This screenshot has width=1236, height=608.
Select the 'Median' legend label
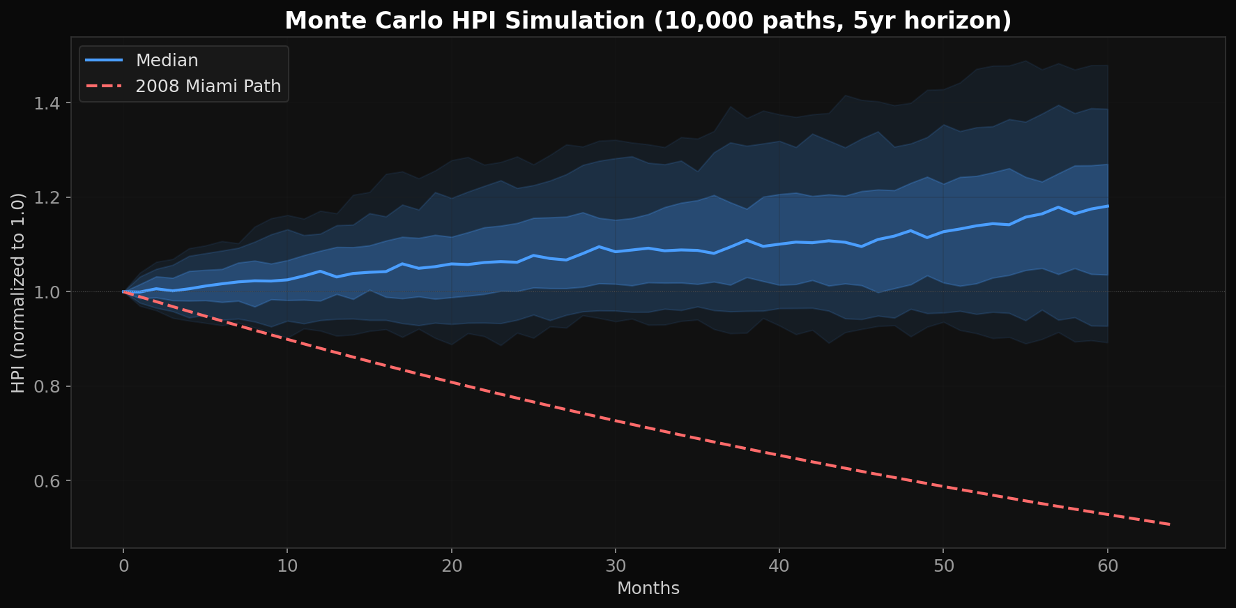[x=167, y=61]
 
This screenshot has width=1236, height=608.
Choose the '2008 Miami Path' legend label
[x=208, y=86]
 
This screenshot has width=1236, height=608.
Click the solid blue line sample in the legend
[x=105, y=61]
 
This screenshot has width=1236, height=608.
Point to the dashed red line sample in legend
[x=105, y=86]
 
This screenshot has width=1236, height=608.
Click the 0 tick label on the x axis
[x=124, y=565]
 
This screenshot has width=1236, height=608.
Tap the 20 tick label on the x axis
[x=452, y=565]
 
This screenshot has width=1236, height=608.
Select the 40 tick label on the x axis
[x=779, y=565]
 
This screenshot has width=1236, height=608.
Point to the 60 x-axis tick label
[x=1108, y=565]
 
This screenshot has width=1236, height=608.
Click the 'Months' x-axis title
[x=648, y=588]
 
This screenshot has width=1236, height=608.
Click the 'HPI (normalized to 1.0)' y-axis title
[x=19, y=293]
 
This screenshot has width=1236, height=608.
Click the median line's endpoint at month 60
[x=1108, y=206]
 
